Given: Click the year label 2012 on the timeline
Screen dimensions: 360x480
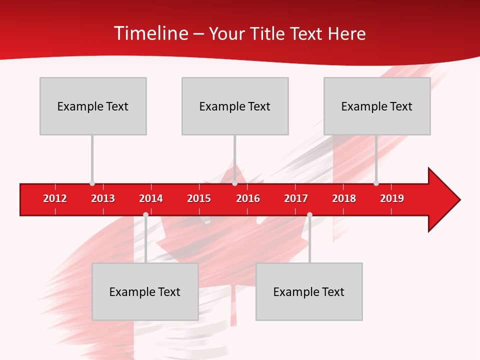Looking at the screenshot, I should (x=55, y=198).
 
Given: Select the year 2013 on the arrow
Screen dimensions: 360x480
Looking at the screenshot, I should (x=103, y=198).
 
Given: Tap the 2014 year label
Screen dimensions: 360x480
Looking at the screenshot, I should (x=151, y=198).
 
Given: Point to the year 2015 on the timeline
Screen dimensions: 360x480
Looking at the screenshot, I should (x=199, y=198).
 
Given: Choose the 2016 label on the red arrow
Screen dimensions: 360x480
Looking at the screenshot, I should (x=248, y=198).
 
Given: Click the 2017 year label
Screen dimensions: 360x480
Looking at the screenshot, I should (x=296, y=198).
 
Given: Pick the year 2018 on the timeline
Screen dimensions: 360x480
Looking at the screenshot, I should (x=344, y=198).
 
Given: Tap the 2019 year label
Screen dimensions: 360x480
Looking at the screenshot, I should (x=392, y=198).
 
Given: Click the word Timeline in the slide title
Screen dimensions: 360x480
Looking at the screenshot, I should (x=150, y=33).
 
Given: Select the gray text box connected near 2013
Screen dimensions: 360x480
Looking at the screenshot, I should (x=93, y=106).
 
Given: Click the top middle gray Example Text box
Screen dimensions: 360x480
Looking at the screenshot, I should (x=235, y=106).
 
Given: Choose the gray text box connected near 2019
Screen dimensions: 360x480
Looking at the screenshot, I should (x=377, y=106).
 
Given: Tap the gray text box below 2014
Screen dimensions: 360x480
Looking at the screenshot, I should (x=145, y=291).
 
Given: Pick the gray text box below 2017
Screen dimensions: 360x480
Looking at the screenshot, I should (x=309, y=291).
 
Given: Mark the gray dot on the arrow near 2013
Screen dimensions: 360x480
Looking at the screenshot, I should (x=92, y=183).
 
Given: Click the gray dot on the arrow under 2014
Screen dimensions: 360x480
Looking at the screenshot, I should (x=145, y=214).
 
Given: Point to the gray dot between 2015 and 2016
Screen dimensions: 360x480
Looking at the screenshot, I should (x=234, y=183).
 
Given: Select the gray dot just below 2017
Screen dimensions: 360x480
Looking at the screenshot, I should (x=309, y=214).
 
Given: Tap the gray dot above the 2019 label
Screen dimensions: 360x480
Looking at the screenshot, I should (x=376, y=183).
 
